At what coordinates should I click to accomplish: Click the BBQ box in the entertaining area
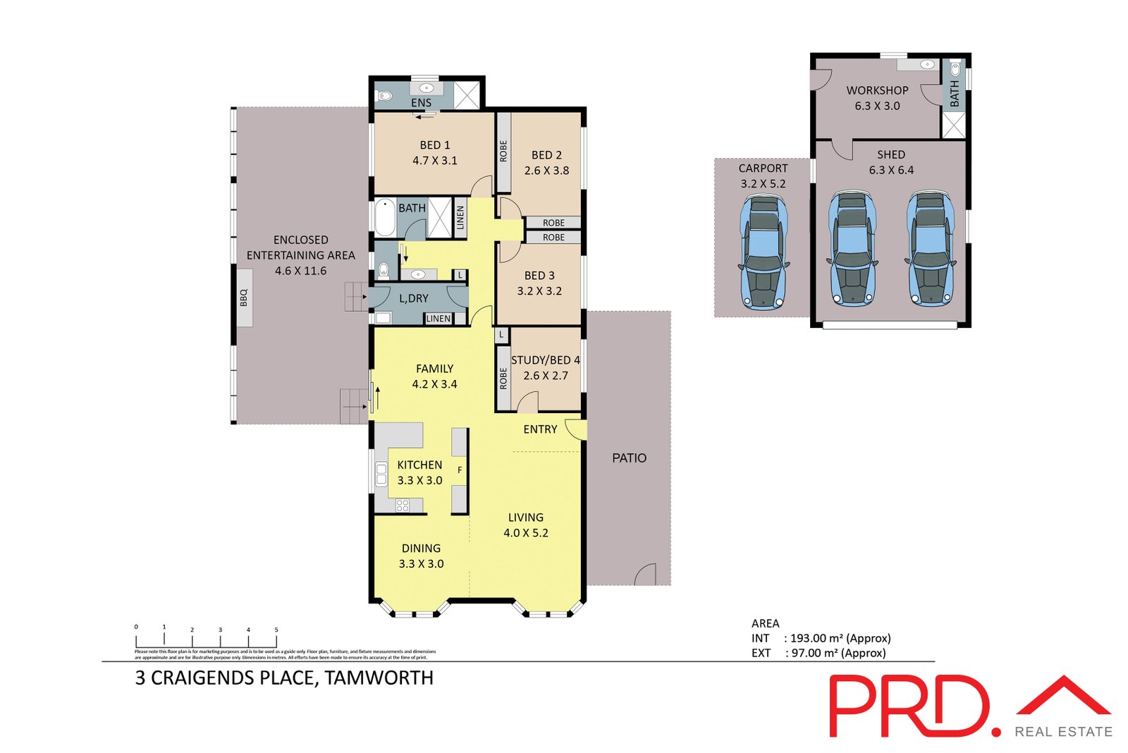pyautogui.click(x=244, y=298)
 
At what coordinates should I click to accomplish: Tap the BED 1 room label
pyautogui.click(x=434, y=145)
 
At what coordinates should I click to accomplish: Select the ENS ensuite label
pyautogui.click(x=421, y=103)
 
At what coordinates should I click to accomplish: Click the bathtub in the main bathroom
pyautogui.click(x=384, y=218)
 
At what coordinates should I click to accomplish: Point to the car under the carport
pyautogui.click(x=763, y=252)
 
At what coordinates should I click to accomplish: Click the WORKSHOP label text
pyautogui.click(x=877, y=91)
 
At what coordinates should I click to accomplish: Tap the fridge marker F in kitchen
pyautogui.click(x=460, y=470)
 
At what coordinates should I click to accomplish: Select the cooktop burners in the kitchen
pyautogui.click(x=403, y=505)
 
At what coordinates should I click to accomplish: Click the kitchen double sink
pyautogui.click(x=381, y=473)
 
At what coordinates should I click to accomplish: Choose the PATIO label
pyautogui.click(x=629, y=458)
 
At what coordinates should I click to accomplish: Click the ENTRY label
pyautogui.click(x=540, y=429)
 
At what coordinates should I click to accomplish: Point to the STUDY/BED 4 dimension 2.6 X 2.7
pyautogui.click(x=545, y=376)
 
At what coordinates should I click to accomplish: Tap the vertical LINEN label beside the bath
pyautogui.click(x=460, y=218)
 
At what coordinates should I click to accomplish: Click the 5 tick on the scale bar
pyautogui.click(x=276, y=630)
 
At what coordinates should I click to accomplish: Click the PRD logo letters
pyautogui.click(x=909, y=706)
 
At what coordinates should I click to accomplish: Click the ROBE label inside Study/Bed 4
pyautogui.click(x=503, y=379)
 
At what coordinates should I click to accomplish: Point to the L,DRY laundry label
pyautogui.click(x=414, y=299)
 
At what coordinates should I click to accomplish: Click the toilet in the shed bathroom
pyautogui.click(x=955, y=69)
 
